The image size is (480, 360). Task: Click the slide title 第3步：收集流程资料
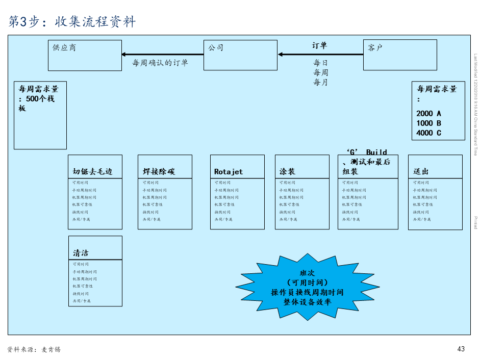pos(72,21)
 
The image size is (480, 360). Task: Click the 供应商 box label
pos(64,48)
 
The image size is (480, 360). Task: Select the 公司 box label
pos(215,48)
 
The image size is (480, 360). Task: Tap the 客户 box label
pos(375,48)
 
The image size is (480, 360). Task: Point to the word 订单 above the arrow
pos(320,45)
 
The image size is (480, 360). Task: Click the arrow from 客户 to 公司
pos(320,55)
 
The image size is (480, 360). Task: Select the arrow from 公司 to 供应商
pos(162,55)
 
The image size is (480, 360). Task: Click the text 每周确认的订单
pos(160,63)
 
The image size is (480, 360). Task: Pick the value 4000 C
pos(428,133)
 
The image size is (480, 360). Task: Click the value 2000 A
pos(428,113)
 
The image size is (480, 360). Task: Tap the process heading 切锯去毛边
pos(92,172)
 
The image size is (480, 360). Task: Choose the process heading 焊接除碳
pos(159,172)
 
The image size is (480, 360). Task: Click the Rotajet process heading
pos(229,172)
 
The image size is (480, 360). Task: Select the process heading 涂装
pos(287,172)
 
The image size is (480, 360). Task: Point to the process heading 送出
pos(421,172)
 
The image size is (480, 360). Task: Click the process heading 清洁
pos(81,253)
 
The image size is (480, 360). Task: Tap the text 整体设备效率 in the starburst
pos(307,301)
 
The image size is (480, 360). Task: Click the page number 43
pos(461,349)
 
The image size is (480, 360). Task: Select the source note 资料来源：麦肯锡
pos(34,350)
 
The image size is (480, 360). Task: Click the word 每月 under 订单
pos(320,82)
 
